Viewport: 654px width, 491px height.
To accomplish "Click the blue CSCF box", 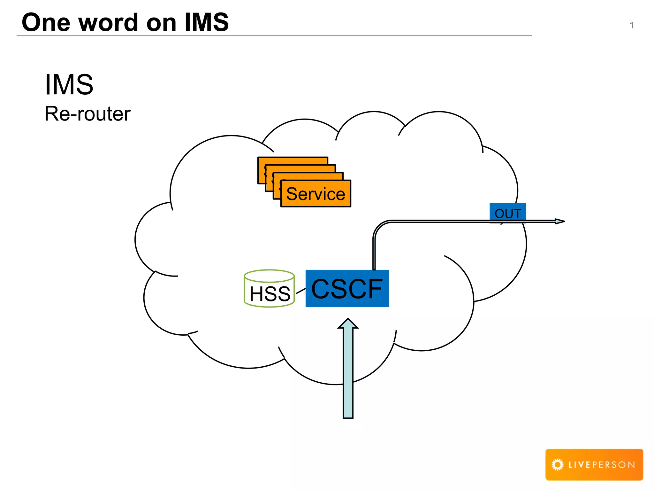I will [347, 288].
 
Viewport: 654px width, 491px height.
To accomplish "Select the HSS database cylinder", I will [269, 289].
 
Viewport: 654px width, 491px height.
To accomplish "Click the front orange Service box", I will [316, 194].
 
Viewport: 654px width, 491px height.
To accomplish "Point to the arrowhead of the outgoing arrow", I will [560, 221].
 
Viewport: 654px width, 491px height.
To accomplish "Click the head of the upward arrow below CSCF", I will [348, 323].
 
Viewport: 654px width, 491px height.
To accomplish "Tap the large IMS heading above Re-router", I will [69, 84].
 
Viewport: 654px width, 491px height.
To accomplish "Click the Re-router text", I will [87, 113].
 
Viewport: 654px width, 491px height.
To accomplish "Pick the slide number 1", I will [631, 25].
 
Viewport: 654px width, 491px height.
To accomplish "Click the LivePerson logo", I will [594, 464].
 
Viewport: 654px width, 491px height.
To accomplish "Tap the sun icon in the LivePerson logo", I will [558, 464].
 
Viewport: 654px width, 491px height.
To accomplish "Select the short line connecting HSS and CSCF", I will [300, 291].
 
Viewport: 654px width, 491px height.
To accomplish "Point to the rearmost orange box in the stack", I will [293, 160].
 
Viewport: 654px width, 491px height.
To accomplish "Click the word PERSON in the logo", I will [613, 465].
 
